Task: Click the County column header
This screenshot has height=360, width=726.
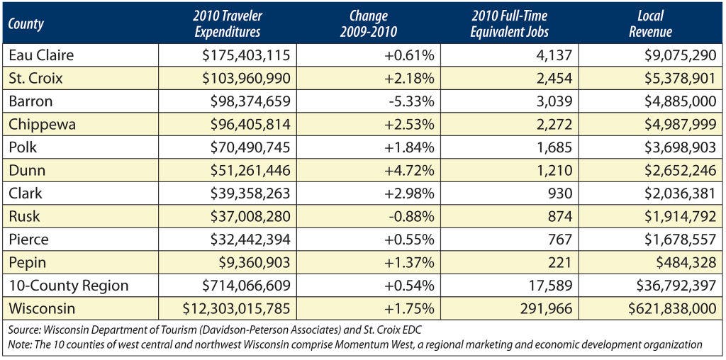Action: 26,23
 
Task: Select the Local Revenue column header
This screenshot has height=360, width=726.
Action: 651,23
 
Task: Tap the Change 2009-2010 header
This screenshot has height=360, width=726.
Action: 368,23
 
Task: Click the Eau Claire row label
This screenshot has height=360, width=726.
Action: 41,55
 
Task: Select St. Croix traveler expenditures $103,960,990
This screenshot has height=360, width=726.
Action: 246,78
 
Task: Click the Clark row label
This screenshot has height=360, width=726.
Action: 25,193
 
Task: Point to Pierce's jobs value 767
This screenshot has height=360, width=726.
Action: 562,240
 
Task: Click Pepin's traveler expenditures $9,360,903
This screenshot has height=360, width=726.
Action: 255,263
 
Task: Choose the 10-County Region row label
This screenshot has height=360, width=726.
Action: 69,286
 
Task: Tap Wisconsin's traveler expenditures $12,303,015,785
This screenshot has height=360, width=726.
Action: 237,309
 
